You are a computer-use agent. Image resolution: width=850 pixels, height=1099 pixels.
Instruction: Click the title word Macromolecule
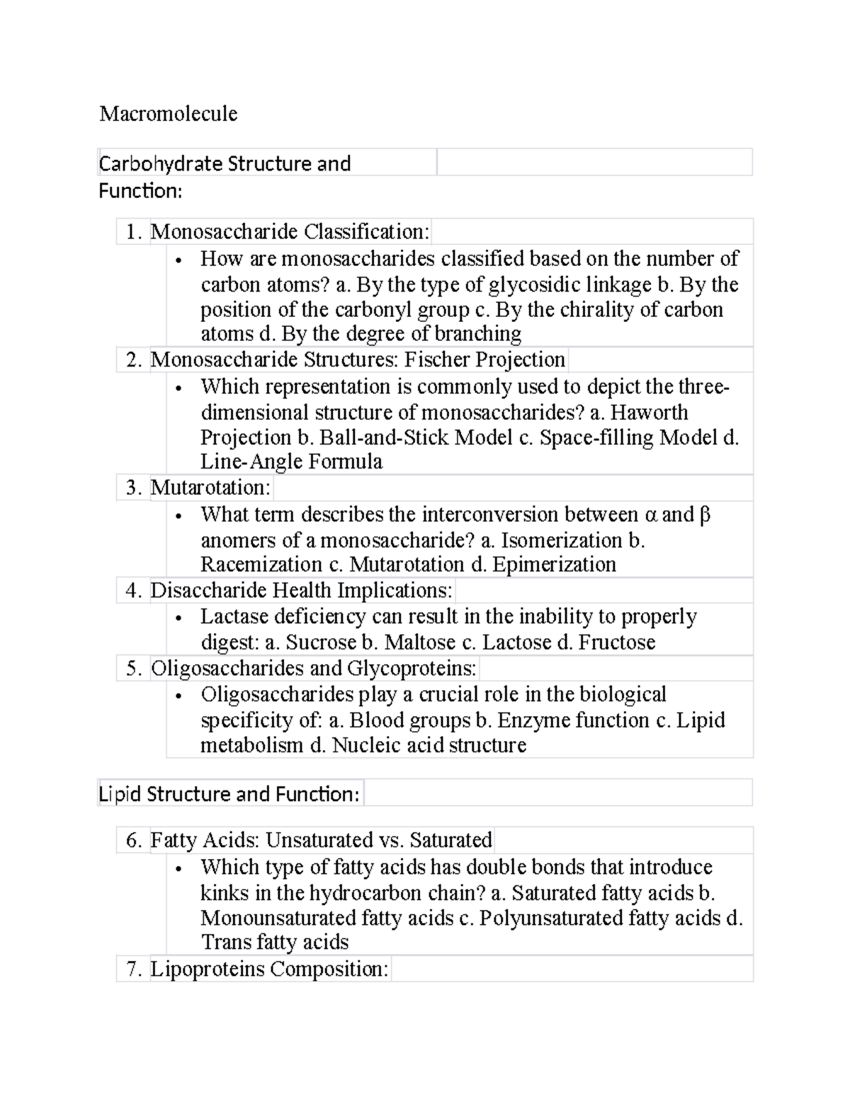click(x=168, y=113)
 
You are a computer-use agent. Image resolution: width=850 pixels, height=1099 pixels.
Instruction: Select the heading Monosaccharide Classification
click(x=289, y=231)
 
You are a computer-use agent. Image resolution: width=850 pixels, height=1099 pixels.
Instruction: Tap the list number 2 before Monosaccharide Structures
click(x=133, y=359)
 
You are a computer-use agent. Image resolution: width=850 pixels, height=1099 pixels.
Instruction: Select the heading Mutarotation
click(x=210, y=488)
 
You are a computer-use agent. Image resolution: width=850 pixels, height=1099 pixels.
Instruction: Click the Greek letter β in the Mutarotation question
click(x=704, y=514)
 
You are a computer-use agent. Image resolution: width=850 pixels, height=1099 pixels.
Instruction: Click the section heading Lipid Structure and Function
click(x=229, y=794)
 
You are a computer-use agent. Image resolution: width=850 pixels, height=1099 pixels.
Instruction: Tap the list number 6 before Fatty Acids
click(x=133, y=840)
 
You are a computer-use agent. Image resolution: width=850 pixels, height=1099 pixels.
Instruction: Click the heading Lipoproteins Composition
click(x=269, y=969)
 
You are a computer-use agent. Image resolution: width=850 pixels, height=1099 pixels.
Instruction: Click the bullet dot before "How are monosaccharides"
click(x=179, y=260)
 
